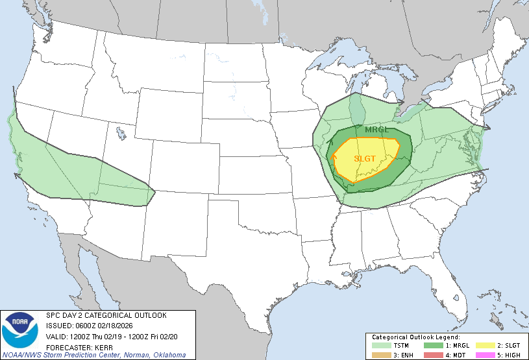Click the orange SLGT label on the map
365,158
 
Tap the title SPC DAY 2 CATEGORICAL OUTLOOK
106,315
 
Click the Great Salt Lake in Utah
121,134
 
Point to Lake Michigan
356,104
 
